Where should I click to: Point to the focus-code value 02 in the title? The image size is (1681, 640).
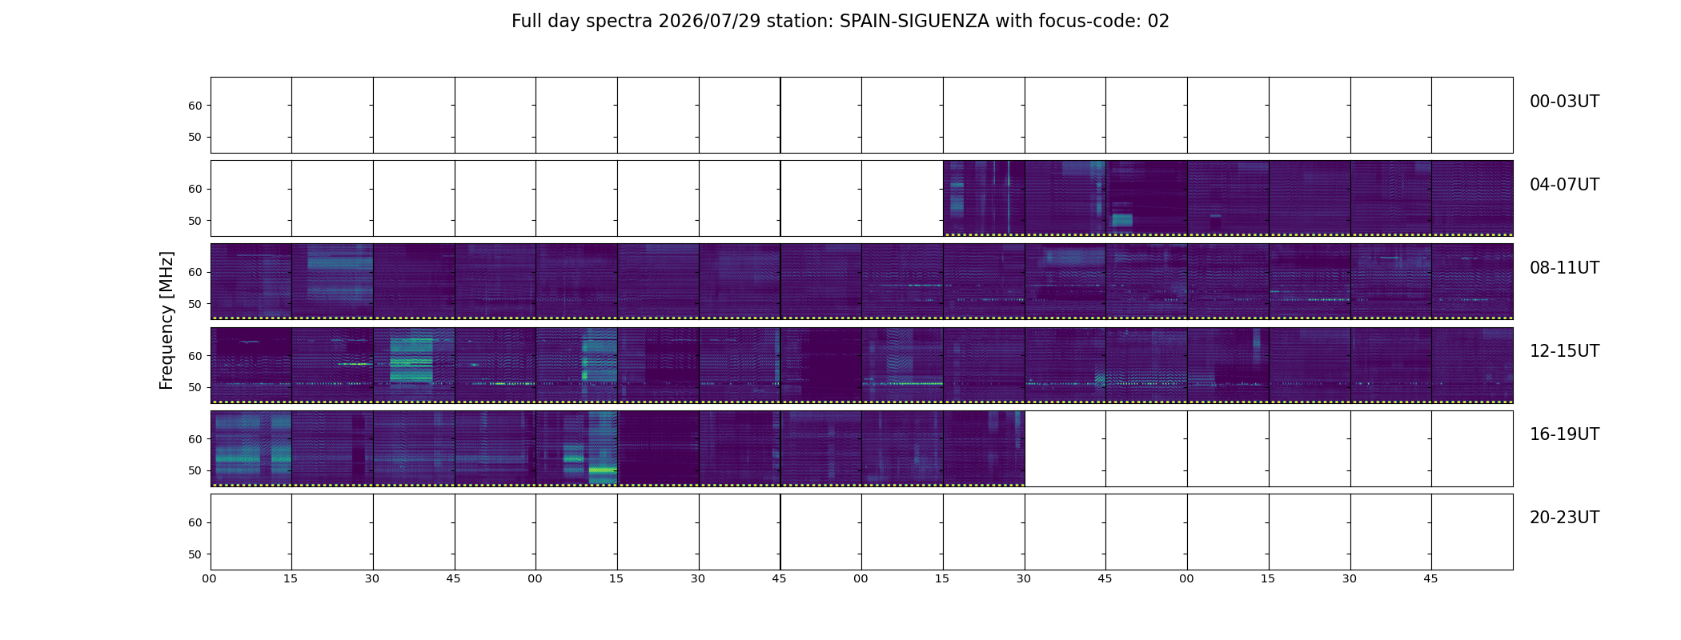pyautogui.click(x=1158, y=22)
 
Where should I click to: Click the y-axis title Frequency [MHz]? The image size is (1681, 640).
pyautogui.click(x=166, y=320)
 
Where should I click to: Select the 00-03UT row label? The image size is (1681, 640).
pyautogui.click(x=1564, y=102)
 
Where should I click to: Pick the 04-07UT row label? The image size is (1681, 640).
pyautogui.click(x=1564, y=185)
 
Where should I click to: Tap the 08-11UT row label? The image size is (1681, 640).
pyautogui.click(x=1564, y=268)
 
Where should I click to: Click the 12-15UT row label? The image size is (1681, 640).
pyautogui.click(x=1564, y=351)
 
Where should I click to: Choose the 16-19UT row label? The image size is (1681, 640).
pyautogui.click(x=1564, y=434)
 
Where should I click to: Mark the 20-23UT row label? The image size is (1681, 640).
pyautogui.click(x=1564, y=518)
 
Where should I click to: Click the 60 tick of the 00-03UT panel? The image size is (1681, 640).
pyautogui.click(x=195, y=106)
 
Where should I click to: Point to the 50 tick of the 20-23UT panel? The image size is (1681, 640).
pyautogui.click(x=195, y=554)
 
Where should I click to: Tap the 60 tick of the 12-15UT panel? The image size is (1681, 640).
pyautogui.click(x=195, y=356)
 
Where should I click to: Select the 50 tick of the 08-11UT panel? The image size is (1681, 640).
pyautogui.click(x=195, y=304)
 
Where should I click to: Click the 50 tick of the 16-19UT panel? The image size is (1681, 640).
pyautogui.click(x=195, y=470)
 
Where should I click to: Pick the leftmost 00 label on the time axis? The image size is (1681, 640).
pyautogui.click(x=210, y=579)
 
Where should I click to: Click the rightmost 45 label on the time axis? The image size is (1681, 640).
pyautogui.click(x=1430, y=579)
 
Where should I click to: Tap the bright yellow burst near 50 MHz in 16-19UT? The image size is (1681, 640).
pyautogui.click(x=603, y=470)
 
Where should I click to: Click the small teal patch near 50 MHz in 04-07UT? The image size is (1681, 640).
pyautogui.click(x=1122, y=219)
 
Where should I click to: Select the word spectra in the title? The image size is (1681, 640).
pyautogui.click(x=620, y=22)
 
